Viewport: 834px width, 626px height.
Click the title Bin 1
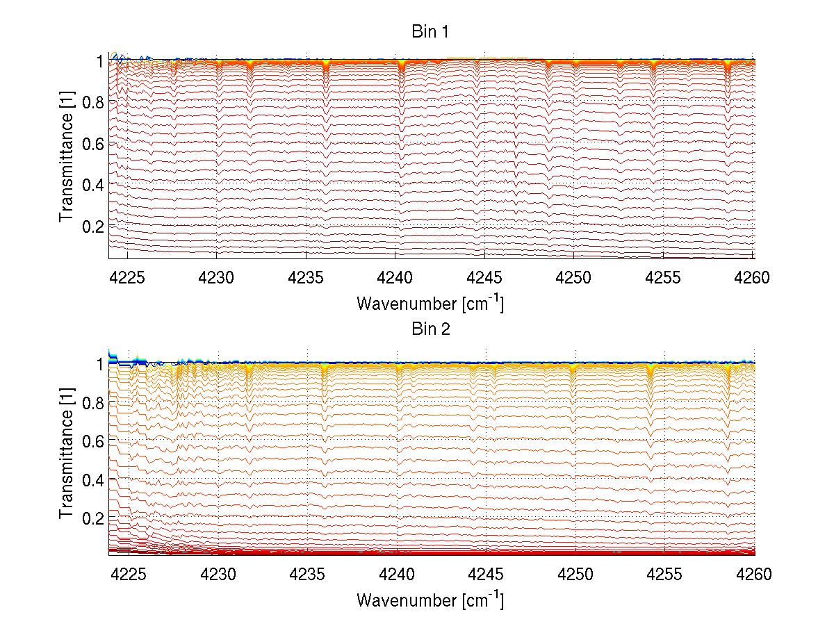431,33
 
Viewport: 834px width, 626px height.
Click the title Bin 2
431,329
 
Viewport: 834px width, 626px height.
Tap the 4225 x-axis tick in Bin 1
128,277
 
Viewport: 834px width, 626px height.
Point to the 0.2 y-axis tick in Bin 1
93,226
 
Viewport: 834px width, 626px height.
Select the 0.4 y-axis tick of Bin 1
93,185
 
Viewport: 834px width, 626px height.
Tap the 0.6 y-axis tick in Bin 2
93,440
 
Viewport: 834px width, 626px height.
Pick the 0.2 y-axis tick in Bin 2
93,518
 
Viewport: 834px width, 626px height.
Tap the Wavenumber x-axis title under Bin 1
430,304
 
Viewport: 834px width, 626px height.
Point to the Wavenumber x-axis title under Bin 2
430,600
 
